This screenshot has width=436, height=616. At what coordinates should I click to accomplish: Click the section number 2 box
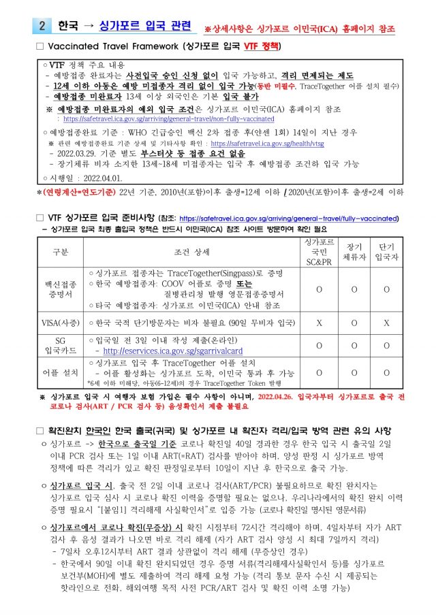pyautogui.click(x=42, y=27)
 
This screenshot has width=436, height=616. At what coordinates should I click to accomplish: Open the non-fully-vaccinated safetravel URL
pyautogui.click(x=169, y=118)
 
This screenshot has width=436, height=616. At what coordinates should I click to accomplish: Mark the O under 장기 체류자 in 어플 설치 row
pyautogui.click(x=354, y=373)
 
